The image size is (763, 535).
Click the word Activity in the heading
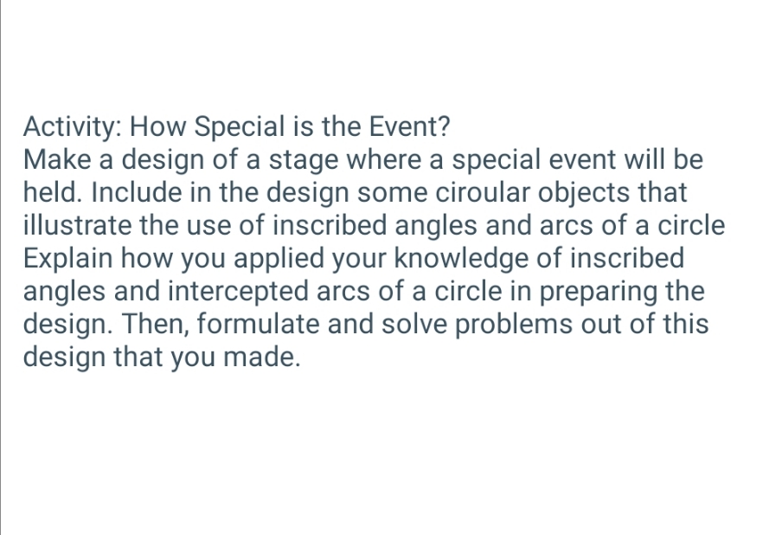coord(74,128)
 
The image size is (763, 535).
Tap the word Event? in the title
coord(411,128)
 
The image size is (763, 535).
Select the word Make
coord(59,160)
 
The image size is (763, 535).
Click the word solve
coord(437,324)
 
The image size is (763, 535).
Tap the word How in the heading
coord(161,128)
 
